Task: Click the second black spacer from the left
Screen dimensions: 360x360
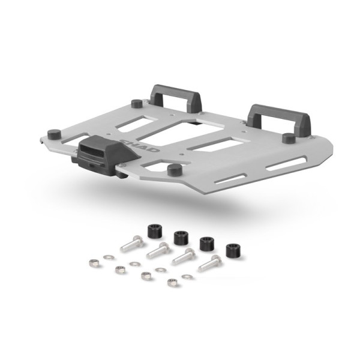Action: tap(180, 237)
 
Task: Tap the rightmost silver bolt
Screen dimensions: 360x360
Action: tap(210, 262)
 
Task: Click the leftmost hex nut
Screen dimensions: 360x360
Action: tap(94, 262)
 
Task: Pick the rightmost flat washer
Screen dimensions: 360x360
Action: tap(187, 277)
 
